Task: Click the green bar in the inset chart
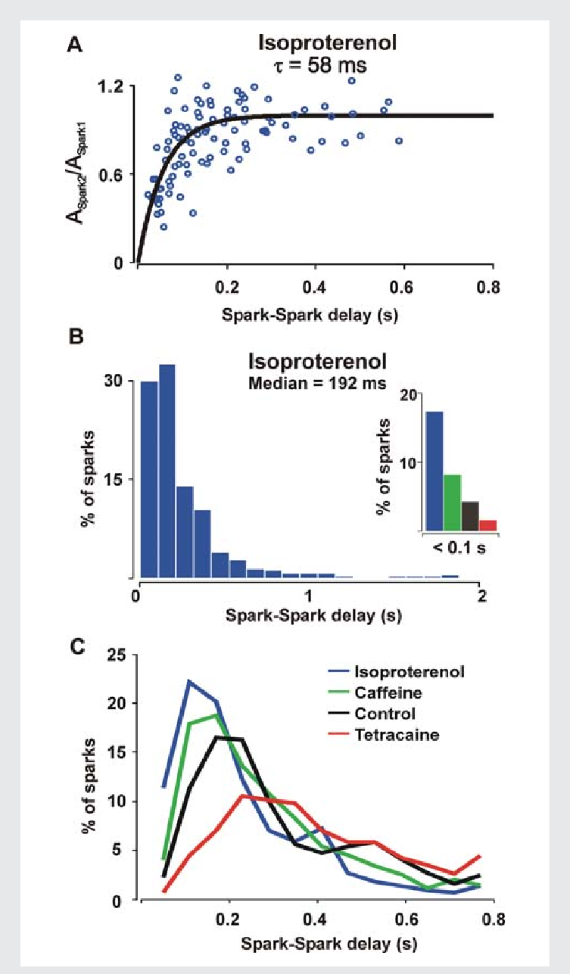[x=451, y=503]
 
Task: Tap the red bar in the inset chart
[x=487, y=525]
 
